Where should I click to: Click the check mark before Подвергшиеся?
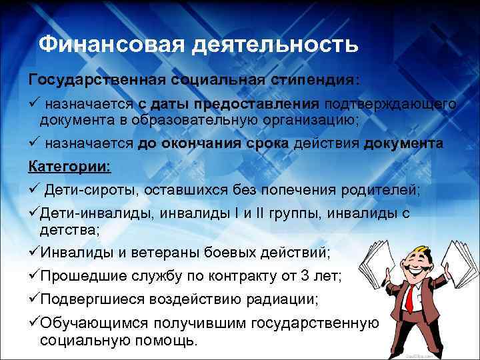click(33, 299)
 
